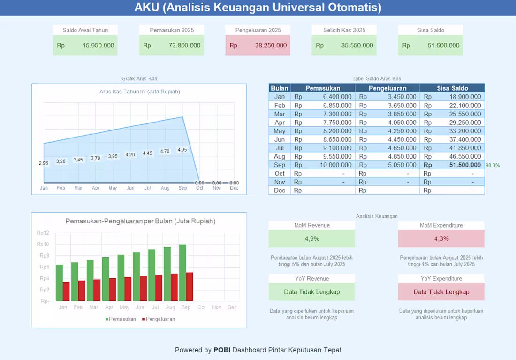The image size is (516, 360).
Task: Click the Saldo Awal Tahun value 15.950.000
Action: (x=98, y=46)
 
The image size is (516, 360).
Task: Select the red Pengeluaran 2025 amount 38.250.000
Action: (x=271, y=46)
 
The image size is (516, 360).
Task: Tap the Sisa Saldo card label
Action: (x=431, y=31)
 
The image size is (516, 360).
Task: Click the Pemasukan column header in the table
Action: (x=323, y=88)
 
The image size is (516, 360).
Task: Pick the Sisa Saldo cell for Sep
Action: (x=452, y=165)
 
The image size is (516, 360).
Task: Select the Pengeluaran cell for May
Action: (x=387, y=131)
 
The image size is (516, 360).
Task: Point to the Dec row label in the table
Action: (x=280, y=191)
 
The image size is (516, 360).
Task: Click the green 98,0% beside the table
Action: (x=493, y=165)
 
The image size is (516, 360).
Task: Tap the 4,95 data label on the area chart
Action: (x=182, y=150)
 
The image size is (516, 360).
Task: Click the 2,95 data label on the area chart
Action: (x=44, y=163)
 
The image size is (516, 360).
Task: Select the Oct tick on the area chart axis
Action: (x=199, y=188)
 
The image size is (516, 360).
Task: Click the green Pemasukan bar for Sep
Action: (x=182, y=273)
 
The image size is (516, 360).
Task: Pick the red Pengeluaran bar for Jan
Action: (x=66, y=291)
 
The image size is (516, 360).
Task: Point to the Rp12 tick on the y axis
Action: (x=43, y=233)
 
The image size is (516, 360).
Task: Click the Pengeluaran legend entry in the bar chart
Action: (x=158, y=319)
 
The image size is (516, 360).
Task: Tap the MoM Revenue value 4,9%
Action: (x=311, y=238)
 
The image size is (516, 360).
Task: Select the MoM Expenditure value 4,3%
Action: (x=441, y=238)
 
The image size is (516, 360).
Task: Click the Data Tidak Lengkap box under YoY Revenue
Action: (x=311, y=292)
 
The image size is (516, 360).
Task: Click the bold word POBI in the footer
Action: (x=222, y=350)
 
